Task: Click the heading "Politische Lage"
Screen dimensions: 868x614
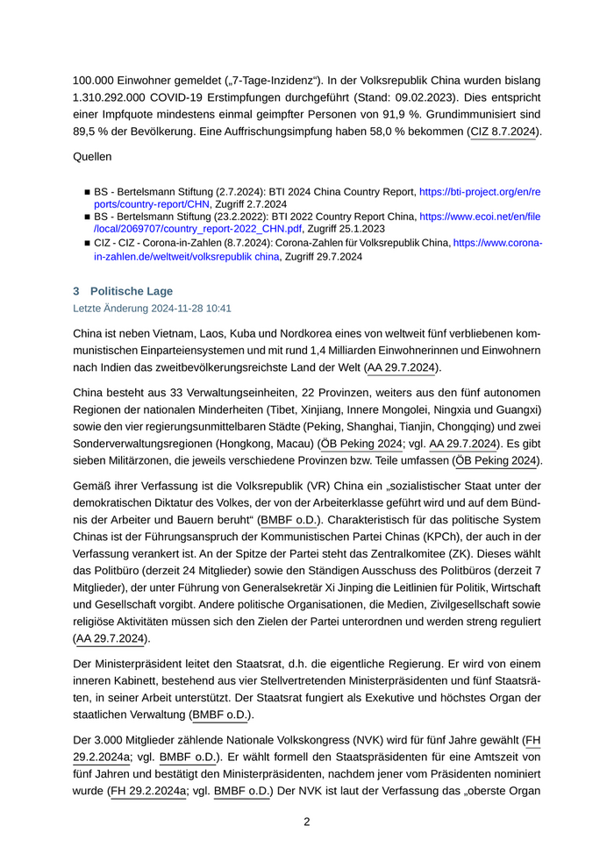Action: pos(132,291)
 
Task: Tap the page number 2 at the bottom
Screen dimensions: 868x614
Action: pos(307,822)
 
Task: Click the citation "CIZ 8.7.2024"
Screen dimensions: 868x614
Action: pos(503,132)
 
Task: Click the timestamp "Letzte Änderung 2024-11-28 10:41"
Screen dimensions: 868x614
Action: pos(152,309)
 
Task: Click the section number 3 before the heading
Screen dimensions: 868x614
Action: pos(76,291)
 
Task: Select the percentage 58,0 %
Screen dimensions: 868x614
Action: pos(371,132)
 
